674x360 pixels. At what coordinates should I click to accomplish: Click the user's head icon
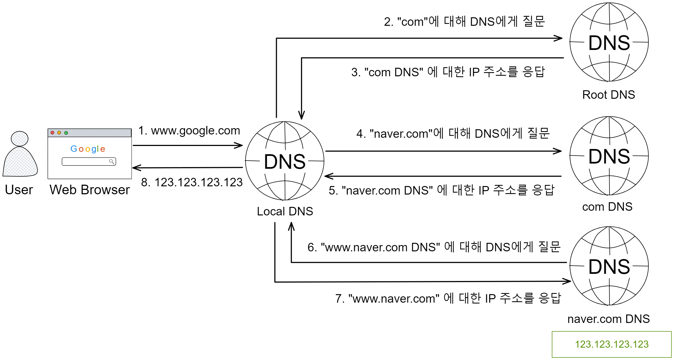click(x=19, y=139)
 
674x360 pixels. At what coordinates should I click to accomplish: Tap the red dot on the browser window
click(x=52, y=133)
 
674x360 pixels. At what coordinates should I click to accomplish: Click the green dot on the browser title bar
click(x=66, y=133)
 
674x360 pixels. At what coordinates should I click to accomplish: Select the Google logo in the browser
click(x=88, y=149)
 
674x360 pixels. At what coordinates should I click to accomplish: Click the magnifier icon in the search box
click(x=111, y=161)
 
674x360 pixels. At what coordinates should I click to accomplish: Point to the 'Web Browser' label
click(x=89, y=190)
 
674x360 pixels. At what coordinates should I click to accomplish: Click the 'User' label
click(x=19, y=190)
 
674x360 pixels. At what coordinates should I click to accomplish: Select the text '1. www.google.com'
click(x=189, y=131)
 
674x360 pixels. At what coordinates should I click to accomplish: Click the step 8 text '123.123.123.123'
click(x=192, y=182)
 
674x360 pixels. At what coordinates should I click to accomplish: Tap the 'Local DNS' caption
click(x=285, y=212)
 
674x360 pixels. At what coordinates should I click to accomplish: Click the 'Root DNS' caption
click(x=608, y=95)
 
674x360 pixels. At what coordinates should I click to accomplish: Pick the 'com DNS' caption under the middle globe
click(x=607, y=207)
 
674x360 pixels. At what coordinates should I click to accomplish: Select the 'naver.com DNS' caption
click(x=608, y=319)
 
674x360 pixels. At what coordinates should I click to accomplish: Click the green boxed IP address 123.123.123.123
click(x=611, y=344)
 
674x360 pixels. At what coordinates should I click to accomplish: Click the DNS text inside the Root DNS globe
click(x=609, y=43)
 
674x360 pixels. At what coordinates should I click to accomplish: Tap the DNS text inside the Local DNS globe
click(x=285, y=162)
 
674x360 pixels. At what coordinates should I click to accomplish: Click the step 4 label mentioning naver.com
click(x=453, y=134)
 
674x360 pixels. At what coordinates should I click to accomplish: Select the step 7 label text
click(x=448, y=299)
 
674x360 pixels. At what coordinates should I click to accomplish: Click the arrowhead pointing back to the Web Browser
click(x=136, y=168)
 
